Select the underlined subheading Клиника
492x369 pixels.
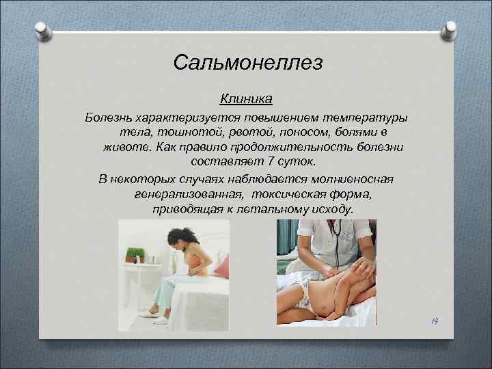[x=246, y=99]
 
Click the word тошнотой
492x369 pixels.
[x=195, y=131]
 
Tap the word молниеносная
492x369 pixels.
[x=353, y=179]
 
